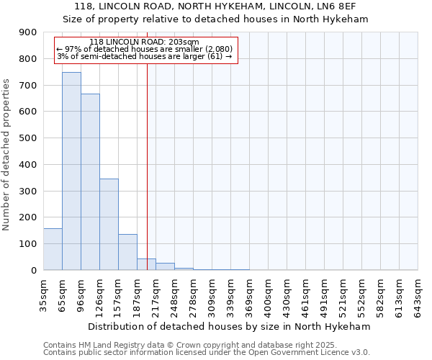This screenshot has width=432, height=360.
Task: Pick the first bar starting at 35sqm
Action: (53, 249)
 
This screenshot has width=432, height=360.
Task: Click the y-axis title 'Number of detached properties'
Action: (6, 155)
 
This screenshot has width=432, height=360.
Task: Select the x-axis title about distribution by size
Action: (229, 326)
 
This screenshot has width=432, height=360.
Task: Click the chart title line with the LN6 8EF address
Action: (215, 6)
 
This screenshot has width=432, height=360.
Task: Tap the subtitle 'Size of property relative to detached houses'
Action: (215, 19)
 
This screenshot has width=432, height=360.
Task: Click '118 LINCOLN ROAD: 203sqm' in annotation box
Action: (145, 42)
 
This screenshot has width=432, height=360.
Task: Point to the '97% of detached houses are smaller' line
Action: (144, 49)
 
